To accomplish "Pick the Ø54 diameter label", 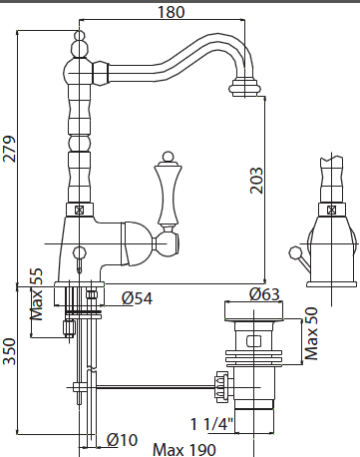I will click(x=136, y=297).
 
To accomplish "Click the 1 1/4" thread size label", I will click(x=213, y=423).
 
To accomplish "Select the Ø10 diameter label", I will click(x=123, y=440).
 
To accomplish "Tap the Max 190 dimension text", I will click(x=184, y=448).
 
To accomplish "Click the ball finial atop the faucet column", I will click(x=76, y=42).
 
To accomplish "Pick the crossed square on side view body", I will click(x=325, y=209).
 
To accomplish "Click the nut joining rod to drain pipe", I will click(x=221, y=383).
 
